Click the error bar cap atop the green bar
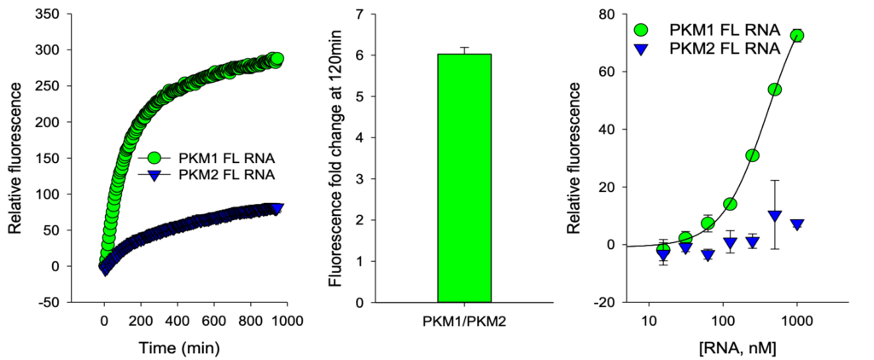click(465, 48)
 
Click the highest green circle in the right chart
click(797, 35)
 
